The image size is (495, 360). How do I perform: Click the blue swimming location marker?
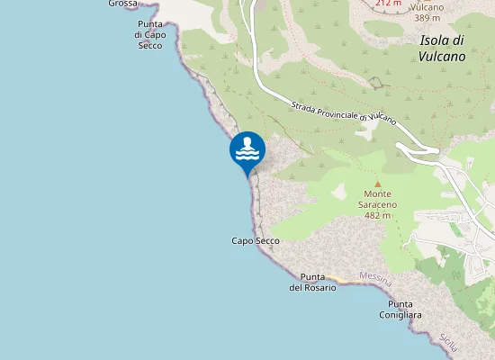pyautogui.click(x=247, y=150)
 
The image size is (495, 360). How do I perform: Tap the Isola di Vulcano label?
pyautogui.click(x=442, y=48)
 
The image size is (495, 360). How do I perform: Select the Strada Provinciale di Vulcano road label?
pyautogui.click(x=345, y=112)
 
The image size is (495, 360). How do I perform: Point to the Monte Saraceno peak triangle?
pyautogui.click(x=378, y=184)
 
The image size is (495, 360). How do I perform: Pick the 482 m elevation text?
pyautogui.click(x=378, y=216)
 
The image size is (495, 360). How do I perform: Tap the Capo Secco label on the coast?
pyautogui.click(x=256, y=241)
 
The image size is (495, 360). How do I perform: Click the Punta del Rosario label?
pyautogui.click(x=312, y=282)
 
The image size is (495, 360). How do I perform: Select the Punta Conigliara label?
pyautogui.click(x=400, y=310)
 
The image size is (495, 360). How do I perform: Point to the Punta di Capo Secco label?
pyautogui.click(x=149, y=35)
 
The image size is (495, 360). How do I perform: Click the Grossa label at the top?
pyautogui.click(x=122, y=4)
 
